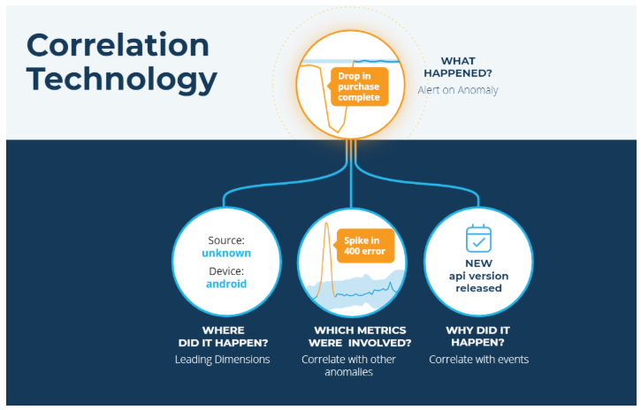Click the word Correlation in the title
click(118, 45)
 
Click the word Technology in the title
click(121, 80)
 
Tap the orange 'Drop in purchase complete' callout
click(359, 87)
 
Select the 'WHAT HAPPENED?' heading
click(458, 67)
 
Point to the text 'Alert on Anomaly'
click(458, 90)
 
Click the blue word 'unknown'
click(226, 254)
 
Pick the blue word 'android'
click(226, 284)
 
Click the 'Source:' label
click(226, 240)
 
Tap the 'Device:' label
click(226, 271)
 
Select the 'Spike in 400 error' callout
click(364, 246)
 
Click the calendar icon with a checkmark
click(478, 239)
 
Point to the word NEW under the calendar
click(478, 263)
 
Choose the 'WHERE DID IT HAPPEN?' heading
click(223, 337)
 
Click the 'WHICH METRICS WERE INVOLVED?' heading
click(360, 337)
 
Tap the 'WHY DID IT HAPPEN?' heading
click(478, 337)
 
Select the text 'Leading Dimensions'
click(223, 360)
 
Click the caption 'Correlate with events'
click(478, 360)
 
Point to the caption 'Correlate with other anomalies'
click(348, 366)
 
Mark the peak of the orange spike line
click(326, 223)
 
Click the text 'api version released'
click(478, 282)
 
